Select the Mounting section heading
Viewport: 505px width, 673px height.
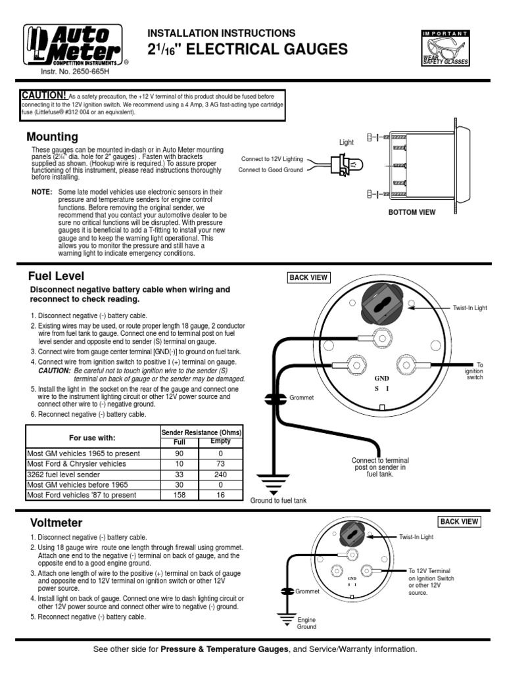click(52, 137)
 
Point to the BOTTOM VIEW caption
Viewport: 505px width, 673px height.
click(412, 212)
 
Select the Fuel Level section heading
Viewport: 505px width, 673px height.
click(56, 275)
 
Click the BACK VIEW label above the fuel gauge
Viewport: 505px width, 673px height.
click(308, 277)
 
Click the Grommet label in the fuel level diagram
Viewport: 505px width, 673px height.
click(302, 398)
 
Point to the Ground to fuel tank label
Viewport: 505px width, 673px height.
click(278, 500)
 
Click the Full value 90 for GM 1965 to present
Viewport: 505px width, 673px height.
click(179, 453)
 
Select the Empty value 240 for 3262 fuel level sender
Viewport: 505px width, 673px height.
click(220, 474)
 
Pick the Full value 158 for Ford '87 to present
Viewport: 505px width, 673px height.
click(179, 494)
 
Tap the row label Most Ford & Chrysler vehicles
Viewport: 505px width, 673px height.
click(76, 463)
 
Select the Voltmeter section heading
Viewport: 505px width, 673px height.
click(56, 523)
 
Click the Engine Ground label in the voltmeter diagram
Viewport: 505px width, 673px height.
click(306, 623)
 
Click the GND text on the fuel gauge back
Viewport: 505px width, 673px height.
click(382, 379)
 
